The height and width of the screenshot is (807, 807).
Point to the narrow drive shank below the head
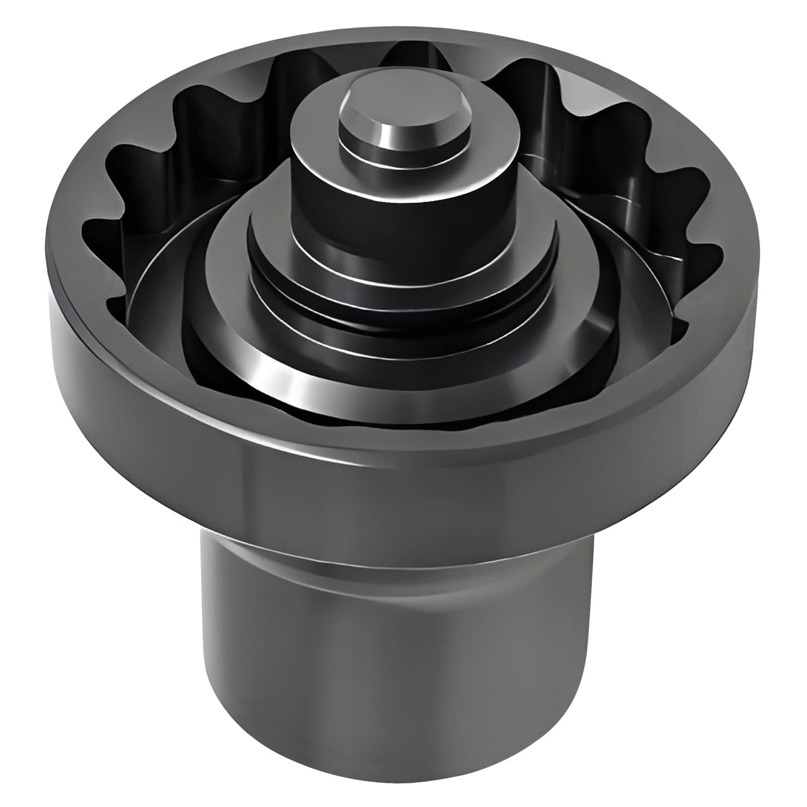pyautogui.click(x=398, y=672)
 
